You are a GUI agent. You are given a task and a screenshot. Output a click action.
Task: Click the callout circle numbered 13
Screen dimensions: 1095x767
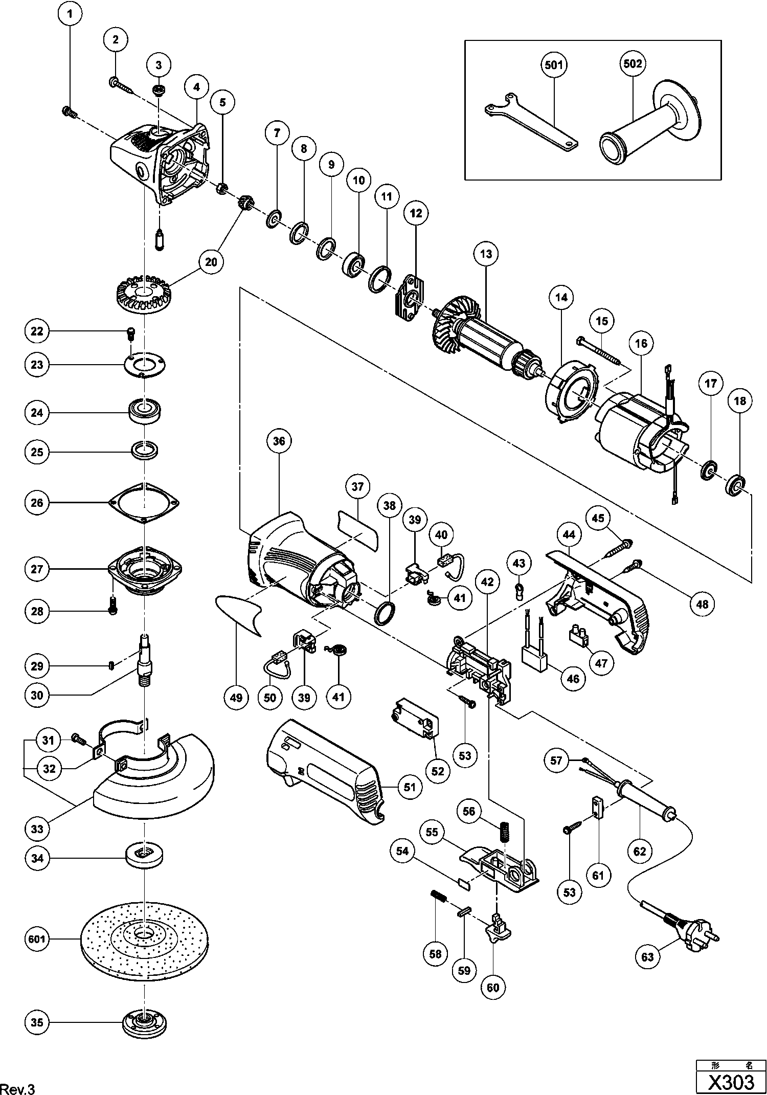(485, 254)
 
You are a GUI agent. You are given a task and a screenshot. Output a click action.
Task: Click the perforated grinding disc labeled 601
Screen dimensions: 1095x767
(145, 940)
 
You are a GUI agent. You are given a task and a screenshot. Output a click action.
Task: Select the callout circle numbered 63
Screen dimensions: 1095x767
(648, 956)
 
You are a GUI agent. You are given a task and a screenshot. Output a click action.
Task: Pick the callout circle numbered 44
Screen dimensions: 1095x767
(569, 535)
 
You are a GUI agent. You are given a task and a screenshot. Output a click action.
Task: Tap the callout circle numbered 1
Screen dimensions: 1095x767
(70, 14)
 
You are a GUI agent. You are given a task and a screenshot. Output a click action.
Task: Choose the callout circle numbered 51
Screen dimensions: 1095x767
(410, 787)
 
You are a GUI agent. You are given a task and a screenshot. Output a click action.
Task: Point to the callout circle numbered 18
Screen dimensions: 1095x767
(740, 401)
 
